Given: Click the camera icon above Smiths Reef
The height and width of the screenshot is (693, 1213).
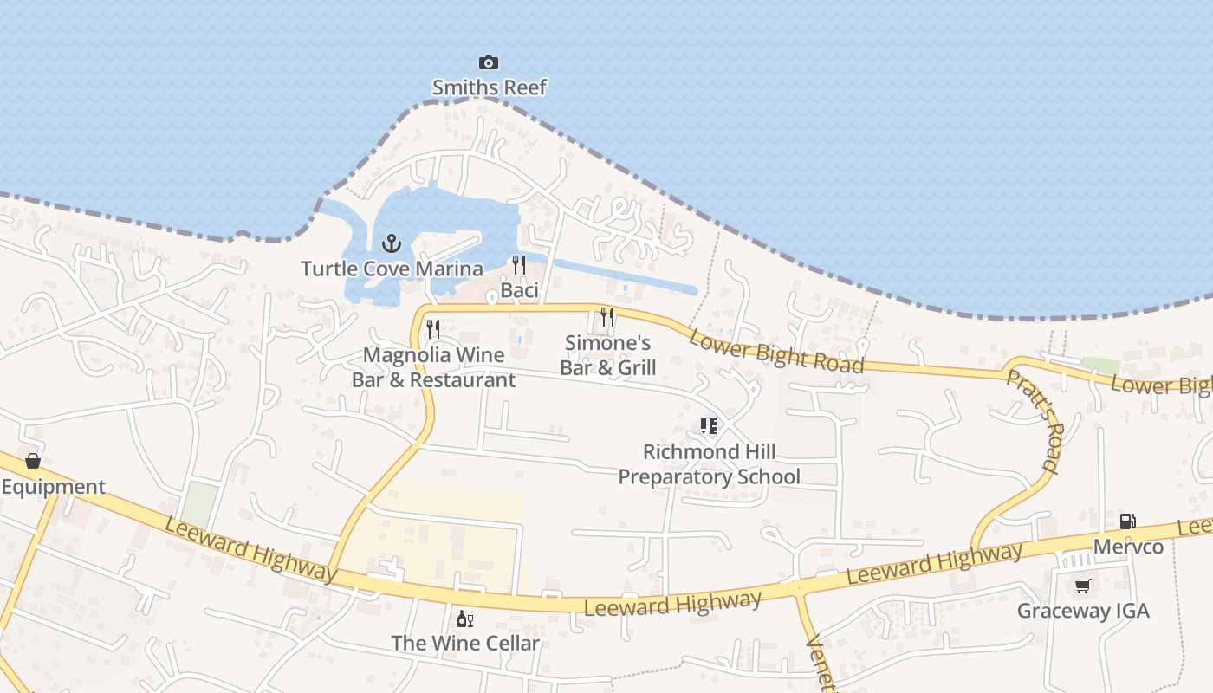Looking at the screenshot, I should click(x=489, y=62).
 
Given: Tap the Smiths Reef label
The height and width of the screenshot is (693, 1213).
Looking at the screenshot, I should click(x=490, y=87).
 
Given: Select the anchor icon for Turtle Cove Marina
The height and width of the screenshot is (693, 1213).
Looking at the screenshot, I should click(x=392, y=243).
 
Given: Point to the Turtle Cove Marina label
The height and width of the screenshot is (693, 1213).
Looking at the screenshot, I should click(x=392, y=269).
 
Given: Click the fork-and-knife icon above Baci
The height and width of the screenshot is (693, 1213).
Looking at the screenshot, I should click(x=519, y=264).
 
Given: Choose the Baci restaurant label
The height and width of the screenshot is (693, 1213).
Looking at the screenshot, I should click(x=520, y=290).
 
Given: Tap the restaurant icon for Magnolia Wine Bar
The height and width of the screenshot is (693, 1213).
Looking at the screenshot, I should click(x=433, y=329).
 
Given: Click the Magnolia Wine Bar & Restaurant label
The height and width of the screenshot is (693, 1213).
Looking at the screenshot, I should click(x=433, y=367).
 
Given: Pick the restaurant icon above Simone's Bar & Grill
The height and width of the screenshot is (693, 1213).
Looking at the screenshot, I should click(x=607, y=317).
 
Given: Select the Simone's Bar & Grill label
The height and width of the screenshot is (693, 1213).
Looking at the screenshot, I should click(x=607, y=355).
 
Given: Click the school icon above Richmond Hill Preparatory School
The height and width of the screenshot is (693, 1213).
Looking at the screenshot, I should click(x=709, y=426).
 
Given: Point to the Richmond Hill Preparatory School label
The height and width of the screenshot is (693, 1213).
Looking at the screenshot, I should click(x=709, y=464).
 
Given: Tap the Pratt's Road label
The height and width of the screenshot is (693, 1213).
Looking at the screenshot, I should click(x=1033, y=421).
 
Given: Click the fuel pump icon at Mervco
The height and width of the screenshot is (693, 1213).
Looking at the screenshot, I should click(x=1127, y=521).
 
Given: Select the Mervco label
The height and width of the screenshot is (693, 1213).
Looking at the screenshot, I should click(x=1128, y=547).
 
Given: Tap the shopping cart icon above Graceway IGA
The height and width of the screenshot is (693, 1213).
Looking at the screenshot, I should click(x=1082, y=586).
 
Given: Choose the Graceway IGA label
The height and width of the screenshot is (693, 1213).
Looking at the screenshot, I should click(x=1083, y=611).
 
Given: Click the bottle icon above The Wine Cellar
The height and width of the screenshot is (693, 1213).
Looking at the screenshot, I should click(x=464, y=619).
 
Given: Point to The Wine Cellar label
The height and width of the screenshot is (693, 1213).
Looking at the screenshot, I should click(x=465, y=644).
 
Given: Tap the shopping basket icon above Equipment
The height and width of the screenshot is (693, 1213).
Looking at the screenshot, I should click(x=33, y=461).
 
